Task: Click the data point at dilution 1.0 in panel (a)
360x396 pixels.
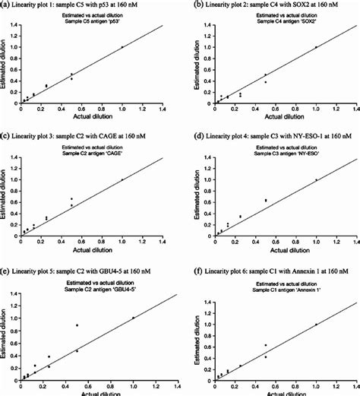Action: pos(122,47)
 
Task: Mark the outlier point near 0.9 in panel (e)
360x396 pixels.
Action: pos(77,325)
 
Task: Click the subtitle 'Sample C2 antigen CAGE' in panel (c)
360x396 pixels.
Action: pos(90,154)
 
